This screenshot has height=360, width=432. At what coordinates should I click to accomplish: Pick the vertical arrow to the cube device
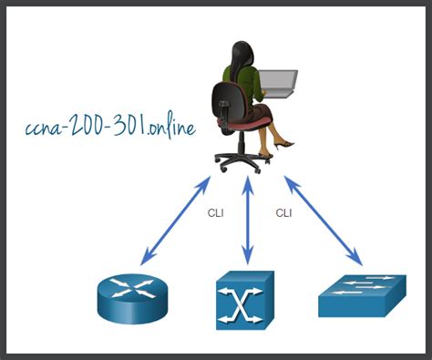coord(246,223)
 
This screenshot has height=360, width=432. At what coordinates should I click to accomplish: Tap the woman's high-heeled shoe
coord(283,143)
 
